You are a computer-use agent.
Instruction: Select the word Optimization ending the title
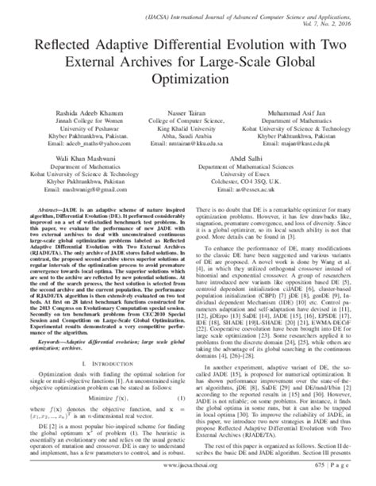click(x=188, y=80)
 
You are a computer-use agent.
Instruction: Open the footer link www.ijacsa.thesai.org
click(x=188, y=476)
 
